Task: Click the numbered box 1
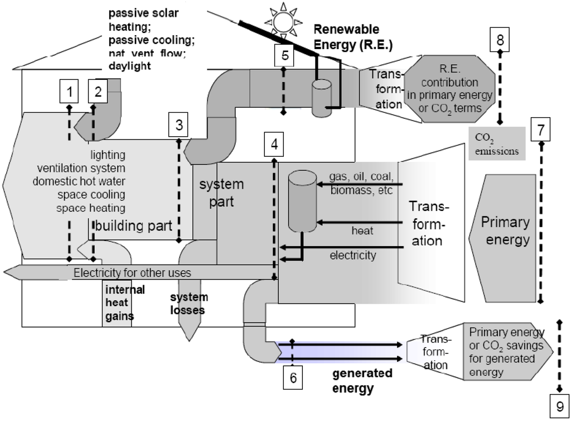coord(69,91)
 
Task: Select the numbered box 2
coord(98,91)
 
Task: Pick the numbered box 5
coord(284,55)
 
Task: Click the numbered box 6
coord(293,377)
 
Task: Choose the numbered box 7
coord(540,129)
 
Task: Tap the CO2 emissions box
coord(496,143)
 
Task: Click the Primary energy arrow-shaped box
coord(502,231)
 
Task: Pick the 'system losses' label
coord(188,304)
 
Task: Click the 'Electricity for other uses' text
coord(132,273)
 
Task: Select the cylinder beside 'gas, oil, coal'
coord(302,202)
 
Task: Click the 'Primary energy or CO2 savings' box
coord(506,352)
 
